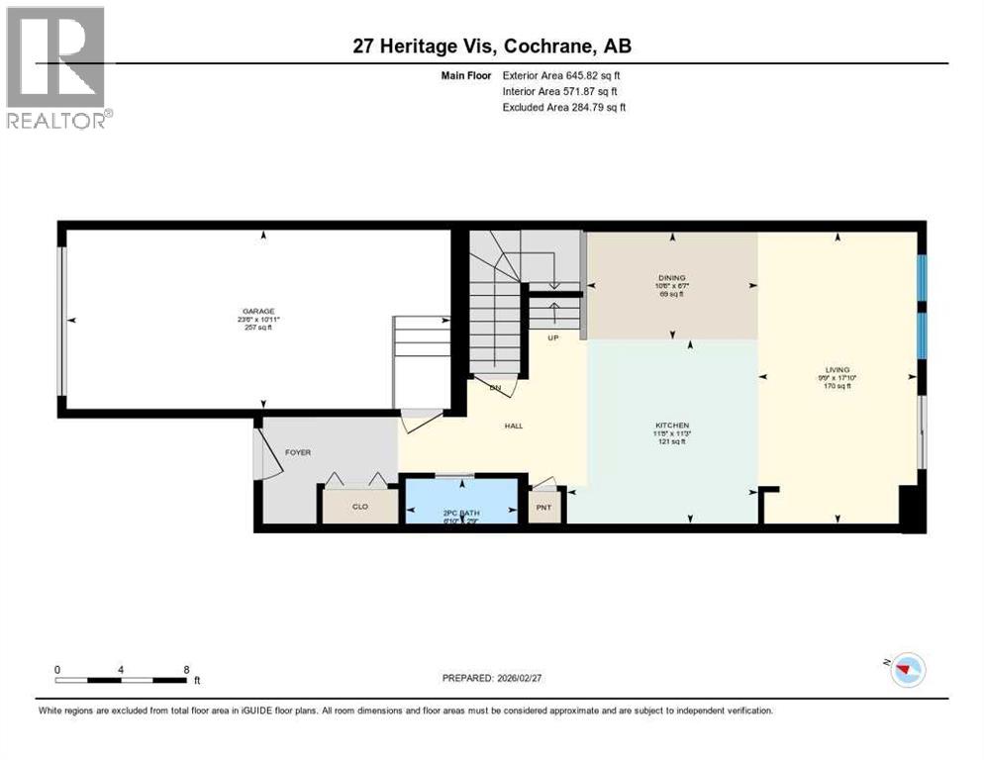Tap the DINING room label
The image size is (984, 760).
(x=672, y=278)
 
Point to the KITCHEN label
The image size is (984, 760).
(x=671, y=426)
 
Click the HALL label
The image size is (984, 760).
(x=513, y=427)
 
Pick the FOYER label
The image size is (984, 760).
(x=298, y=452)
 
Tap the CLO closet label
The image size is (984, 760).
(x=360, y=506)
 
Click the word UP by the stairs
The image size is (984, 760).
(x=554, y=337)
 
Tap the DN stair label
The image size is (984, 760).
(x=495, y=387)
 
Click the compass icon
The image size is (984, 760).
(x=906, y=670)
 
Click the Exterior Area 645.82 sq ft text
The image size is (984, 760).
(x=562, y=75)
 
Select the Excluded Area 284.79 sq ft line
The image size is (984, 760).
(x=564, y=107)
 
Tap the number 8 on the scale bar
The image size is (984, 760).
(x=186, y=670)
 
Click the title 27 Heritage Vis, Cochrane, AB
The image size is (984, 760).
(x=491, y=46)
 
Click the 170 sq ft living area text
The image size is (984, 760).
(x=837, y=386)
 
